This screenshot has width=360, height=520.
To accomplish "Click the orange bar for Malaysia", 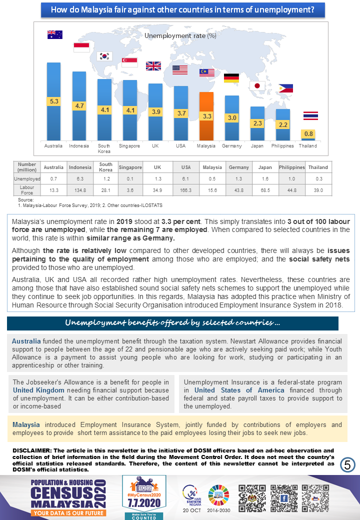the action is (x=206, y=116).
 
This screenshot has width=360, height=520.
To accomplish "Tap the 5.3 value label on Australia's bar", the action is (x=53, y=101).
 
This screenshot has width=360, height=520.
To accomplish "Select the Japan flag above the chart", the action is (x=257, y=85).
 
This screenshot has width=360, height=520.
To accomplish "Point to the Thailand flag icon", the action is (x=310, y=115).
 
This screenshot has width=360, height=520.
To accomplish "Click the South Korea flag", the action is (x=104, y=56).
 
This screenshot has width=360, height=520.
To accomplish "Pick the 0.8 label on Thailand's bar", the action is (x=308, y=133).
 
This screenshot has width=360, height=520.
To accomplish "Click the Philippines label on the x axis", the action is (x=282, y=146).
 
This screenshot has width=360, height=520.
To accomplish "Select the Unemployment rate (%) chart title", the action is (x=180, y=35).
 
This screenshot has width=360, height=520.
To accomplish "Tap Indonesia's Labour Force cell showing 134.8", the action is (x=80, y=190).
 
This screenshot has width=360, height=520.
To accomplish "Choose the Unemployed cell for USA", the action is (x=185, y=179).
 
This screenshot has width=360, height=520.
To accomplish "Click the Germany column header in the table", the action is (x=238, y=167).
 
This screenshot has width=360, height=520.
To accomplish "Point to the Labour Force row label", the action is (x=27, y=190).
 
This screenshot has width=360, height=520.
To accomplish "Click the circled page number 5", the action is (x=347, y=464).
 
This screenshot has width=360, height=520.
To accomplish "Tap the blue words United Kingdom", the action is (x=39, y=390).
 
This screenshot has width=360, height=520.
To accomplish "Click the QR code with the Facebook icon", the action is (x=284, y=498).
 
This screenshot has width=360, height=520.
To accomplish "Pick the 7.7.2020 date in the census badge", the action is (x=144, y=503).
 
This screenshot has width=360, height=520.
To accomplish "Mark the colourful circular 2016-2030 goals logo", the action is (x=219, y=495).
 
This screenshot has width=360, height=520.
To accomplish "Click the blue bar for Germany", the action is (x=231, y=118).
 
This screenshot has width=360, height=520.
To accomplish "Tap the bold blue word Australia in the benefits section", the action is (x=26, y=341).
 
